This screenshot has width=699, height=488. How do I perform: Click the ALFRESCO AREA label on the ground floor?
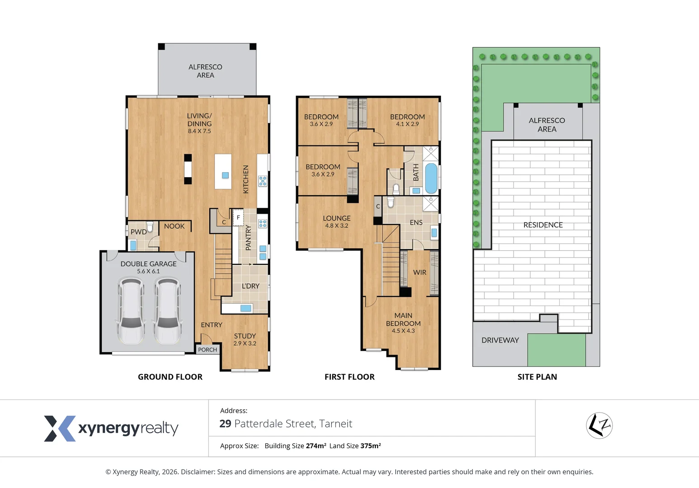205,71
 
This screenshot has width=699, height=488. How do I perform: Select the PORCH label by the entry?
208,350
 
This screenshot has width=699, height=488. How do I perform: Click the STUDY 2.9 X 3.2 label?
245,339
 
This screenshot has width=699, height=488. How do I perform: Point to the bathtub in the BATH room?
431,178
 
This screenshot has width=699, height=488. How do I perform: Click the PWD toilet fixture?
150,226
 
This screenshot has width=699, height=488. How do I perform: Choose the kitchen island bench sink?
225,175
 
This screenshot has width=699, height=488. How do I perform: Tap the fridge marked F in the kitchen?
238,218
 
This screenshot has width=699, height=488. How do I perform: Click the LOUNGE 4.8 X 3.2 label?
336,221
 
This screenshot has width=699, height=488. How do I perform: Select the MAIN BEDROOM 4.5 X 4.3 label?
403,323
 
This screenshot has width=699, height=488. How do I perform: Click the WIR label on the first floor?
420,272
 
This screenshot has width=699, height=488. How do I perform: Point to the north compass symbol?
599,426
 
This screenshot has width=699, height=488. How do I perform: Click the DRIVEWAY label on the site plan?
500,340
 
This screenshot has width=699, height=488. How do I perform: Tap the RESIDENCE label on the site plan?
543,225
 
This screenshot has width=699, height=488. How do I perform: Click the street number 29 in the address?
225,424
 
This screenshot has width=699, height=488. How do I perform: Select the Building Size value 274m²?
316,446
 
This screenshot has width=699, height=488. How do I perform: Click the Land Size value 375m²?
370,446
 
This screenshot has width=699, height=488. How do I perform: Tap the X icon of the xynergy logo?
59,428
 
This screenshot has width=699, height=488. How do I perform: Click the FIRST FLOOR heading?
349,377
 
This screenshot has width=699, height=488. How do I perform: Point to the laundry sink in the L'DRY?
246,308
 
